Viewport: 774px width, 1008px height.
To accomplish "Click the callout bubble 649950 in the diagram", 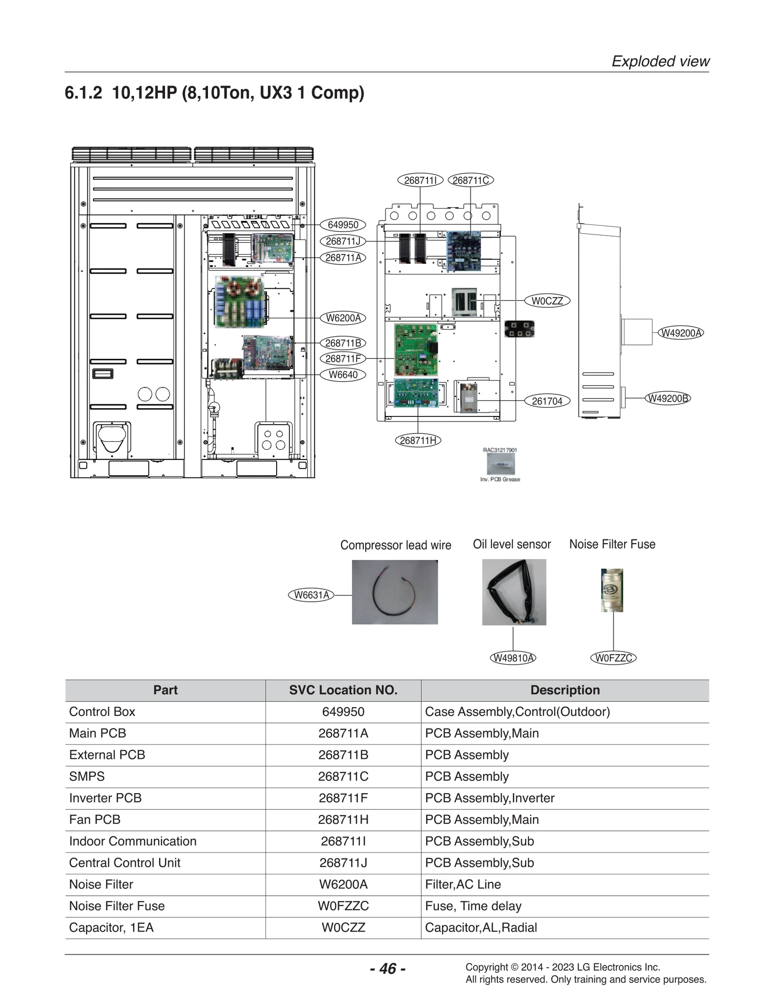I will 343,225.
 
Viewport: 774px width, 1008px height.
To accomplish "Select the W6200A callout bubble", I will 343,318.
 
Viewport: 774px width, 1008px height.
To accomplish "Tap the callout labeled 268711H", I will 418,441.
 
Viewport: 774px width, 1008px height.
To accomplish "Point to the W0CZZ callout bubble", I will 547,301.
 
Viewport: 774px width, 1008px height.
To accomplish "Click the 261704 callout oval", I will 547,401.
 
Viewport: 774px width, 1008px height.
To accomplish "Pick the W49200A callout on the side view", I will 681,333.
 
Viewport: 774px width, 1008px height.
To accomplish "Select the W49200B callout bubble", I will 668,399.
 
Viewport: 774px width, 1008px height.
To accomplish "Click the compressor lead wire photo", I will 395,592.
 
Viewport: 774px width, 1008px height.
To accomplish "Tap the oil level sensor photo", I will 514,592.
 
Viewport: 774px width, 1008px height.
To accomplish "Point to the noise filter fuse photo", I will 612,591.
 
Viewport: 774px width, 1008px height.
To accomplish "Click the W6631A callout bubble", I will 311,595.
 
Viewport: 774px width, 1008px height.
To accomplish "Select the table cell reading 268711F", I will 343,798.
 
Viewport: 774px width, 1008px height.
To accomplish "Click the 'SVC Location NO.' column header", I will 343,690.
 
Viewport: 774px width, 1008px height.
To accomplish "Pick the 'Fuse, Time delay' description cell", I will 473,906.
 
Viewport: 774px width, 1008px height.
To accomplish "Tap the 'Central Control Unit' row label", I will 125,863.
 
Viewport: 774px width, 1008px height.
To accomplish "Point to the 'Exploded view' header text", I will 660,61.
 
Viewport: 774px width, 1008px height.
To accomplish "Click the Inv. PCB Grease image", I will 501,464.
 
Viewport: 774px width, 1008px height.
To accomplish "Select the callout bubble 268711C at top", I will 471,180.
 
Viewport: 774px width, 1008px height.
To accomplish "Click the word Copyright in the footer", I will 486,967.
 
